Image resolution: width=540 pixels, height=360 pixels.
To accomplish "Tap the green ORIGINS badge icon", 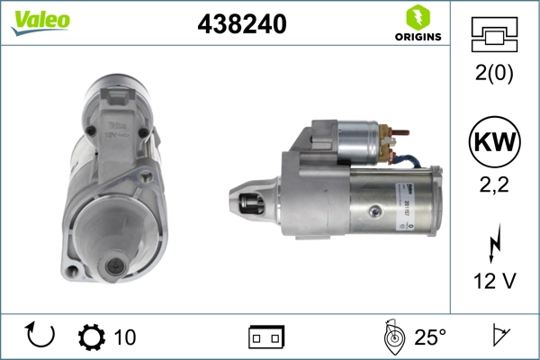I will [x=417, y=17].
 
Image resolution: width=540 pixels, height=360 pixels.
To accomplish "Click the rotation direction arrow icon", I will [x=41, y=337].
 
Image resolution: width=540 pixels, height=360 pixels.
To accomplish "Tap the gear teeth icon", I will [x=91, y=337].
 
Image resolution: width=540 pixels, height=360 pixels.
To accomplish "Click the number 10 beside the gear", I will [x=125, y=337].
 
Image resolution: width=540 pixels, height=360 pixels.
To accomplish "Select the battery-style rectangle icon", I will [x=266, y=337].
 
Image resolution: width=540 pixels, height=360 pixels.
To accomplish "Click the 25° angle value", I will [x=430, y=337].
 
